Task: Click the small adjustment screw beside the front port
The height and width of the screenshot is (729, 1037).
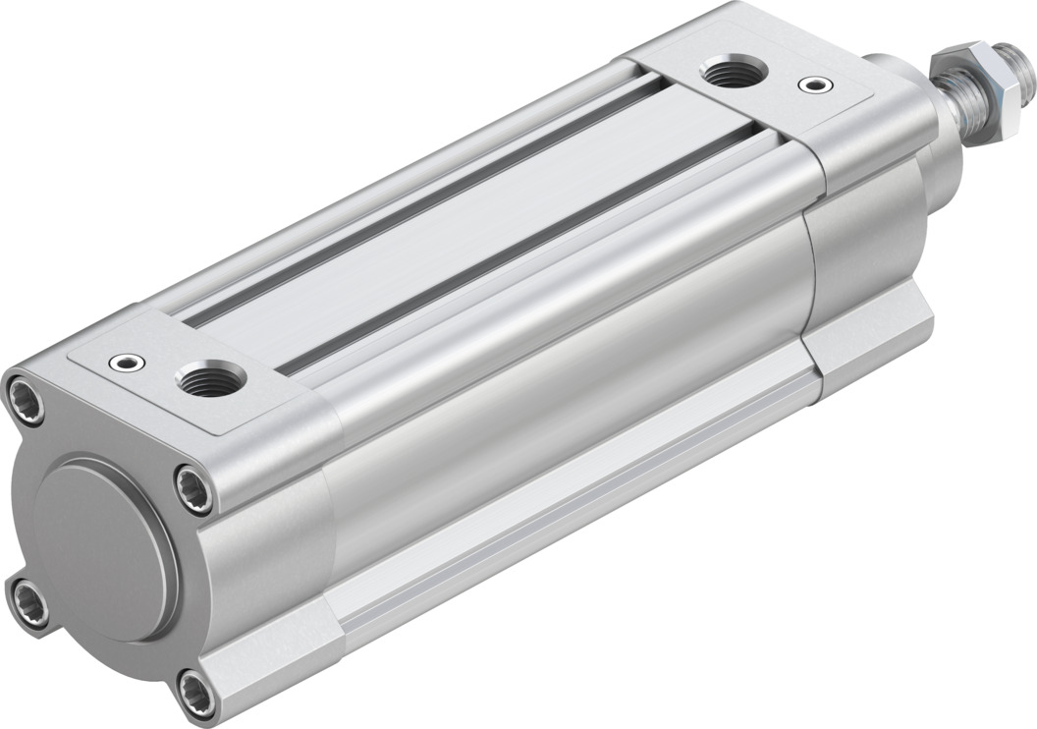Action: click(x=811, y=85)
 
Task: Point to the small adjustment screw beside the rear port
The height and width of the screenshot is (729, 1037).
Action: click(x=126, y=363)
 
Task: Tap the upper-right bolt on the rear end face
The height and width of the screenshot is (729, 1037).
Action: click(x=193, y=487)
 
